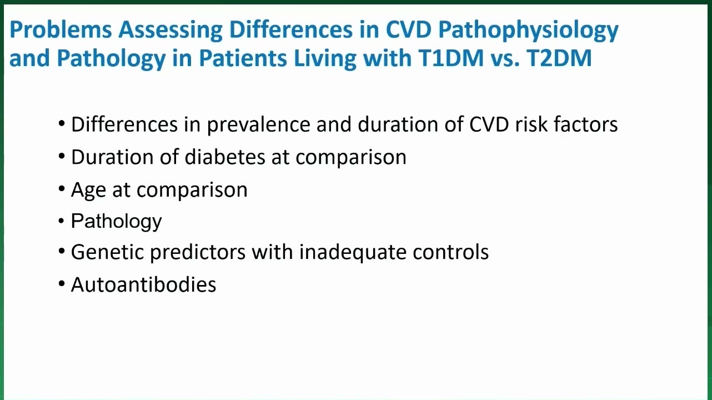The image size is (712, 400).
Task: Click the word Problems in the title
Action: (61, 29)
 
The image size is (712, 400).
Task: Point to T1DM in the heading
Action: (451, 58)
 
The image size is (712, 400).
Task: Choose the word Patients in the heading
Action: (243, 58)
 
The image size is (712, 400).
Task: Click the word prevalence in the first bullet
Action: (259, 124)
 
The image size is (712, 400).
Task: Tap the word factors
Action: (586, 124)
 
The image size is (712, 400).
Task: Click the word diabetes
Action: (225, 157)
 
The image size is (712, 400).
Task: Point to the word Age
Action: (88, 191)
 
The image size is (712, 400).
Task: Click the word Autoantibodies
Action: (144, 284)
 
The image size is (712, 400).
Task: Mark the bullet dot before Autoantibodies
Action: (62, 283)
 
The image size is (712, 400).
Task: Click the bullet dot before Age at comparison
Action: (62, 188)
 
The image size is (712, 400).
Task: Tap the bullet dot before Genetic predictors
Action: (62, 251)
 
